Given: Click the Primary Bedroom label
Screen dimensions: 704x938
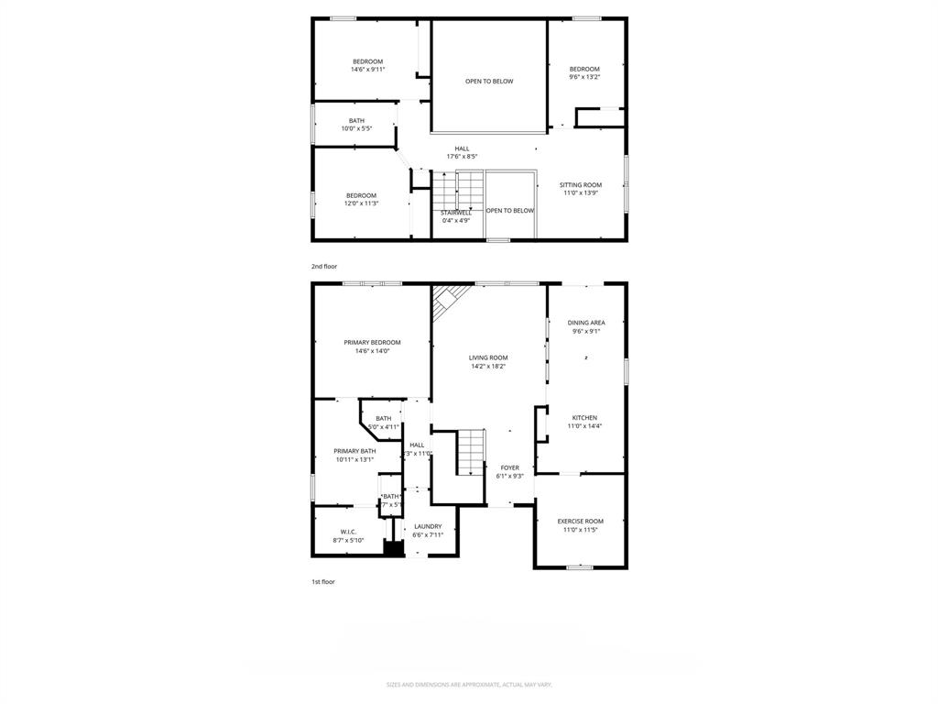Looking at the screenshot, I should pos(372,343).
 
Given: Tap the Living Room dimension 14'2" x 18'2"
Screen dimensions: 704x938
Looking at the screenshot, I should pos(488,367).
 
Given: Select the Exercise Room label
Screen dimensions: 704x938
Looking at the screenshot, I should pos(581,522).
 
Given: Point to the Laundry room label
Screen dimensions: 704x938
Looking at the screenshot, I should pos(428,526).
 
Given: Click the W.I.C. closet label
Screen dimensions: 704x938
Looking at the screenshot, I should pos(348,532).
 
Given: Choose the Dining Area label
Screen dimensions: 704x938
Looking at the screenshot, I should pos(586,323).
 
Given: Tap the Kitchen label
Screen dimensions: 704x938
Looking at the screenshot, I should pos(584,418).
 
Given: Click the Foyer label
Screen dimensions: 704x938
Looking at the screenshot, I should pos(509,467).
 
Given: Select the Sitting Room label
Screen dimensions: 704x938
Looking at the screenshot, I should pos(581,185).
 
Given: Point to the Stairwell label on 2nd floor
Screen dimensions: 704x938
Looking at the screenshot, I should pos(456,213).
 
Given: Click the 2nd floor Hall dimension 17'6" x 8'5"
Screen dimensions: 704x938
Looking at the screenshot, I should pos(462,157).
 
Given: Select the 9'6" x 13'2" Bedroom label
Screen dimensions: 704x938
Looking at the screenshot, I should pos(584,77).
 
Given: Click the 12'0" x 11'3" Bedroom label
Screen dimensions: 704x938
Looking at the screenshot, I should pos(361,203).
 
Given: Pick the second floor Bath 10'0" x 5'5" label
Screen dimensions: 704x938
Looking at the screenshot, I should pos(356,128).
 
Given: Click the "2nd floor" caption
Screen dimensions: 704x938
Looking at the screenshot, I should pos(323,266).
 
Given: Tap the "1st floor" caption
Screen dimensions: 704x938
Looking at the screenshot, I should pos(322,581).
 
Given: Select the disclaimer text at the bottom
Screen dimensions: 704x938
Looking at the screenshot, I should pos(469,685).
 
